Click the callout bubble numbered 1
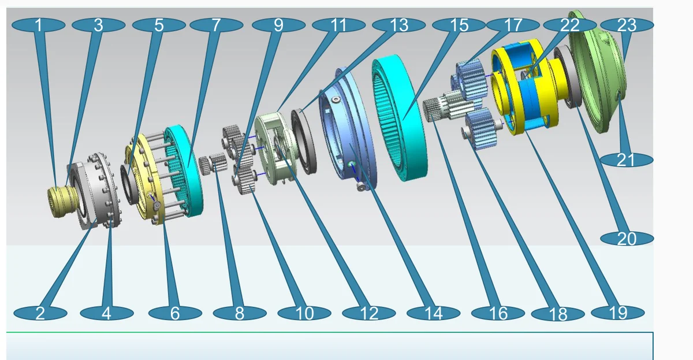[x=38, y=25]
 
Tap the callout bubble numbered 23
[x=627, y=25]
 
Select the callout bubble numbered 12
[x=369, y=313]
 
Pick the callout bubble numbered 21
[x=627, y=160]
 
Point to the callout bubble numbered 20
[x=627, y=239]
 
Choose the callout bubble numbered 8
[x=240, y=313]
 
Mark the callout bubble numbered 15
[x=459, y=25]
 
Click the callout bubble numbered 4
[x=107, y=313]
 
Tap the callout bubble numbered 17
[x=513, y=25]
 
